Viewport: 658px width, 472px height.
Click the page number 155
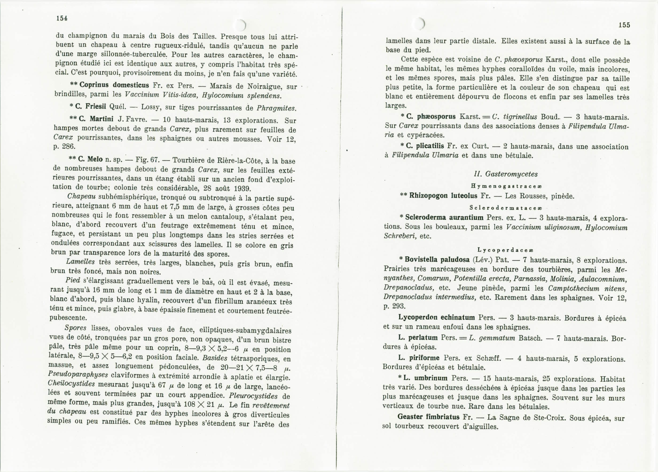pyautogui.click(x=624, y=25)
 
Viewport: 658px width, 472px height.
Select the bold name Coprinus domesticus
pyautogui.click(x=114, y=85)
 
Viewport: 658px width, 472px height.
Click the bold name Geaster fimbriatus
pyautogui.click(x=428, y=417)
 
